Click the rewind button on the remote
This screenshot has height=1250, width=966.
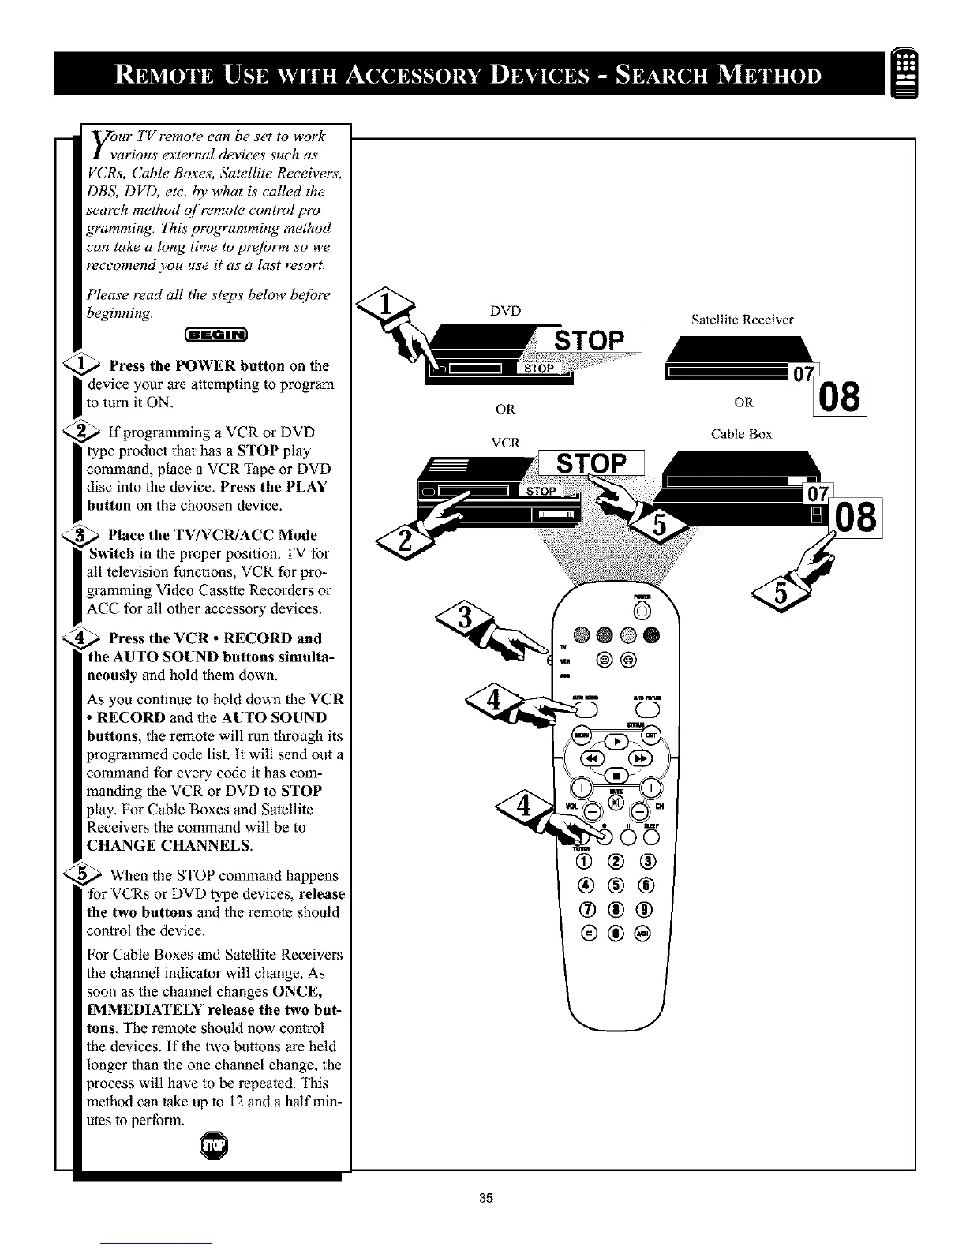point(593,759)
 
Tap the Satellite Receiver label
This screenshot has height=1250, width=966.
point(742,320)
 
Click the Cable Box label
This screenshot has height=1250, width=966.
point(742,434)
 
